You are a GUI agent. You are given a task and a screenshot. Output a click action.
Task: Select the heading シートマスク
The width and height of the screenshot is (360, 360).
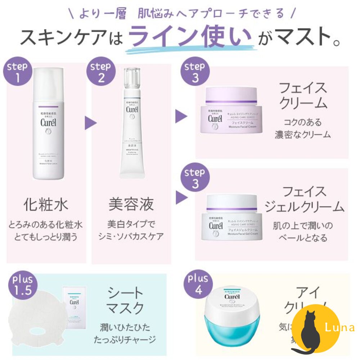tap(126, 301)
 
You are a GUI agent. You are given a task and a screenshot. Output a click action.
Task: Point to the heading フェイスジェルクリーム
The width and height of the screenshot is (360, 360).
tap(305, 199)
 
